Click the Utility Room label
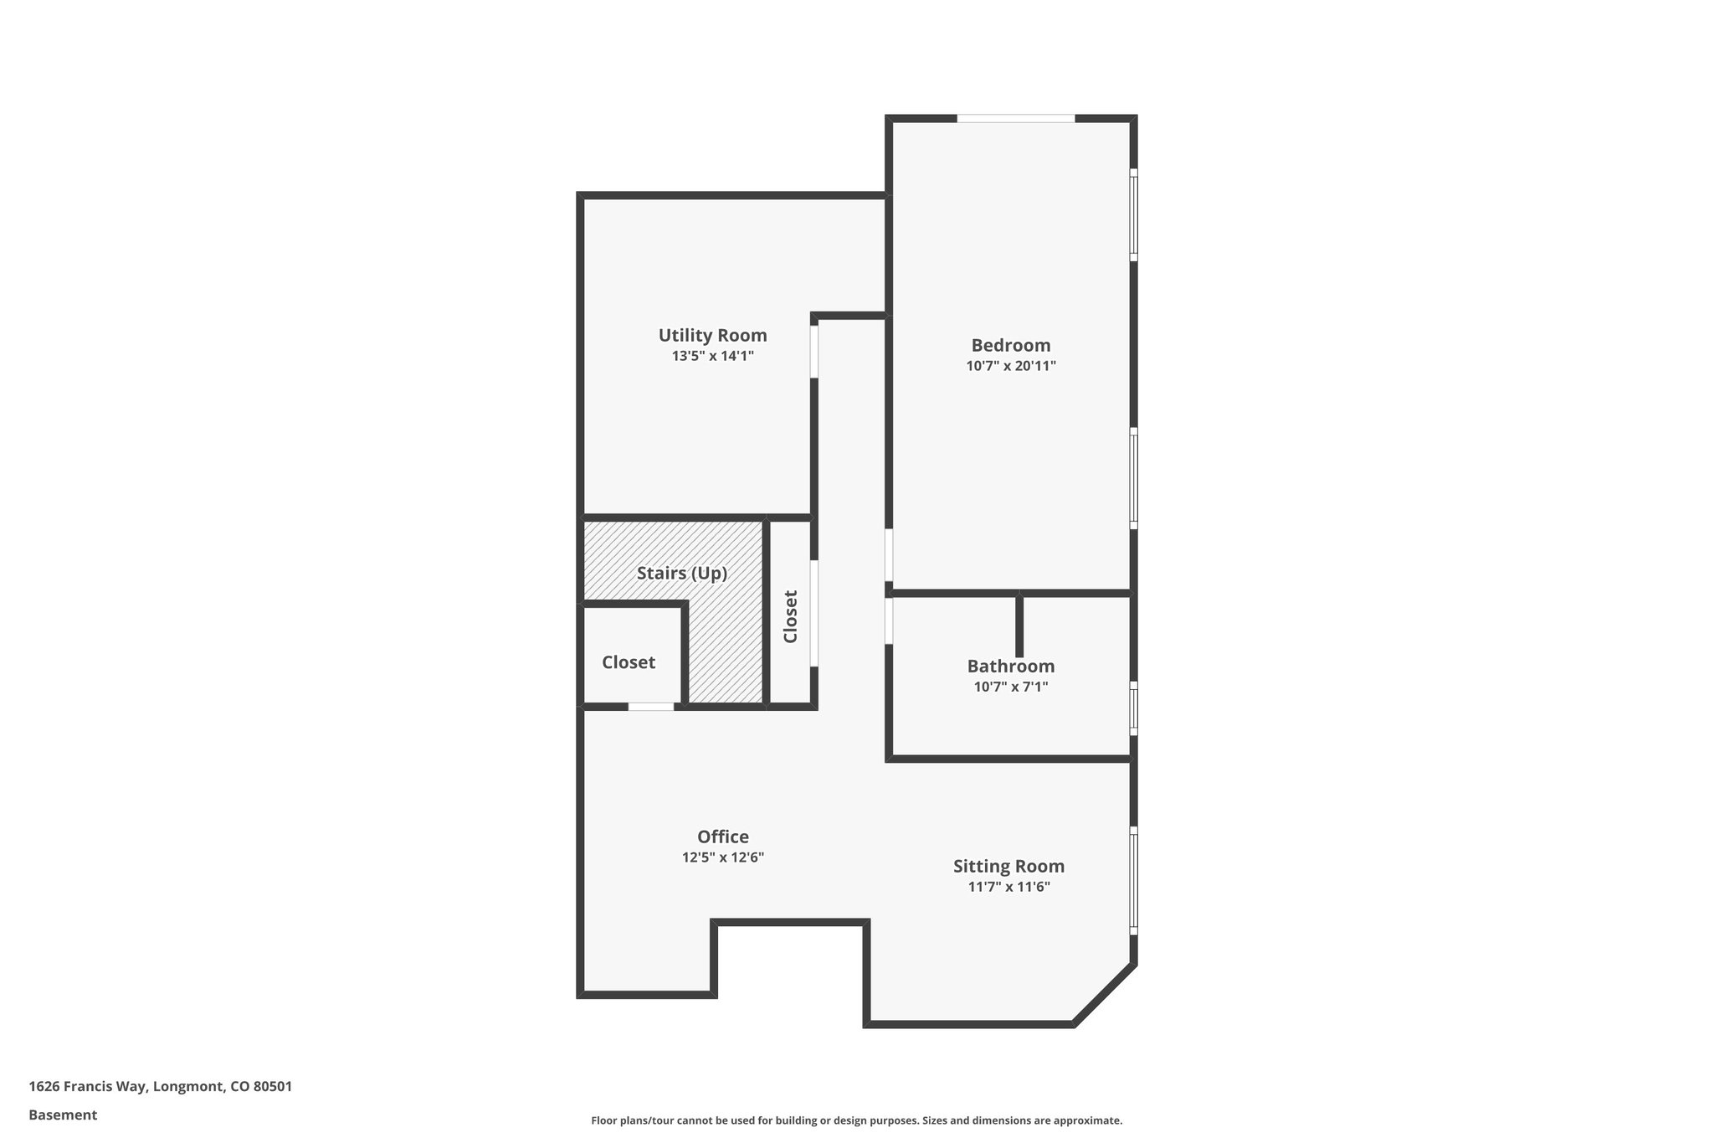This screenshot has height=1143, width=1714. (712, 336)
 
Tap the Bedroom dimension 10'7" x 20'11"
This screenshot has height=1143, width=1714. (1011, 366)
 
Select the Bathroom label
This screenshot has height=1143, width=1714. (1011, 667)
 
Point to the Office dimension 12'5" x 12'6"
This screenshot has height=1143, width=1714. (723, 857)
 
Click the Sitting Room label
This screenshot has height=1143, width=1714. (1008, 867)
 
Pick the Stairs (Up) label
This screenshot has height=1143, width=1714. (682, 574)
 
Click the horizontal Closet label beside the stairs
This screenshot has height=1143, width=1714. (629, 662)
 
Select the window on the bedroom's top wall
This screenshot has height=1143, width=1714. (1015, 119)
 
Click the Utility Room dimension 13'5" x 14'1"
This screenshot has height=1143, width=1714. (712, 356)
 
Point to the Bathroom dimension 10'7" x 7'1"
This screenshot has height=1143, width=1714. (1011, 687)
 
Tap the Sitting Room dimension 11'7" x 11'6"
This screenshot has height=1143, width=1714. (1008, 888)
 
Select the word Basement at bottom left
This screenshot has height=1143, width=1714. (63, 1115)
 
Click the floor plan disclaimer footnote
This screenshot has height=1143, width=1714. (856, 1120)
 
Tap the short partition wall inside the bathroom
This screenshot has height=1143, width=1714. (1019, 626)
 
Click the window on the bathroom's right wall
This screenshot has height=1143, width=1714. (1133, 708)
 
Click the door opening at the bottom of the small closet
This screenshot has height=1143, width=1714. (651, 707)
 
